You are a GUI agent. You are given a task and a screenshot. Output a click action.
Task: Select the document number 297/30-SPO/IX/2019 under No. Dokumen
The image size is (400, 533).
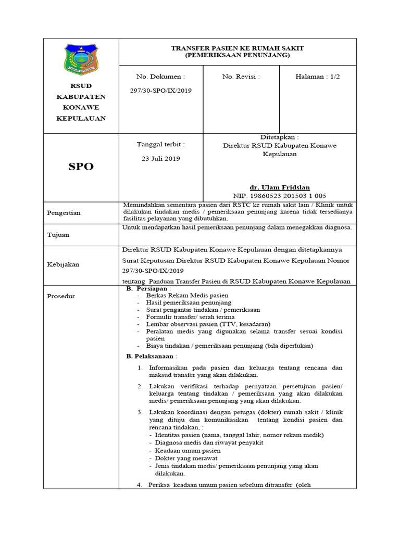(x=161, y=91)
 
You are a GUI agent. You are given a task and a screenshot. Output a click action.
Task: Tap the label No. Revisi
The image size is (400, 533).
(x=241, y=77)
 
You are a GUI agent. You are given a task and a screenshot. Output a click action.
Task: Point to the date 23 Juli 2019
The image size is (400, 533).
(x=161, y=159)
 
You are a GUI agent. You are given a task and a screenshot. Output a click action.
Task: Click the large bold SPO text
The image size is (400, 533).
(x=81, y=167)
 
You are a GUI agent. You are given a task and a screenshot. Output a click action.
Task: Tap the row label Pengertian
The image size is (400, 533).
(x=64, y=213)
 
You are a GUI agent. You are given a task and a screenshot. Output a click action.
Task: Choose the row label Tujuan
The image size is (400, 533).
(x=58, y=235)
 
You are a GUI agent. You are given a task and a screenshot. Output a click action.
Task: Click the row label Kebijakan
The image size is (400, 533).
(x=63, y=264)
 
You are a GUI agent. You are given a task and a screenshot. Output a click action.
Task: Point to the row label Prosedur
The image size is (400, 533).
(x=61, y=296)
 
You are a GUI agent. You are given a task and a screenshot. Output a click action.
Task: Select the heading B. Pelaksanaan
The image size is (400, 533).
(x=152, y=357)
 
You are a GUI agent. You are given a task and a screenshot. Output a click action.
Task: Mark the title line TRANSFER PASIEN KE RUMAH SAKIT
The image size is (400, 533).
(x=238, y=48)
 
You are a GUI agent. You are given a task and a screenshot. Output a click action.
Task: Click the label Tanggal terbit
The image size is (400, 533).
(x=160, y=144)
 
